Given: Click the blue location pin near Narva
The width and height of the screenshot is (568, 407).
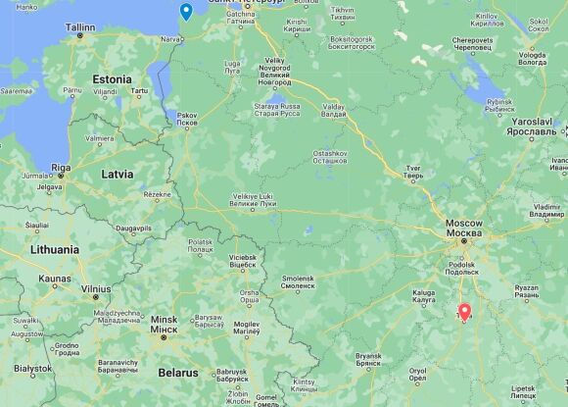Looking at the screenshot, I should tap(186, 13).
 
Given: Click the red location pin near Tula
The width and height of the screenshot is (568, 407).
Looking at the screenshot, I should tap(464, 314).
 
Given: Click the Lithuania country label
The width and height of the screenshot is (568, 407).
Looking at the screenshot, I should tap(40, 250).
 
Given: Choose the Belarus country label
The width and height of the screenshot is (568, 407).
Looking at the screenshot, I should tap(179, 373).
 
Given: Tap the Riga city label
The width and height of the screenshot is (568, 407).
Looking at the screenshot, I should tap(61, 168).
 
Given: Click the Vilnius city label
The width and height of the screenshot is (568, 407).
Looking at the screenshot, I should tap(96, 288).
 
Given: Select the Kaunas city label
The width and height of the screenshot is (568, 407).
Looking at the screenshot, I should tap(54, 280).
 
